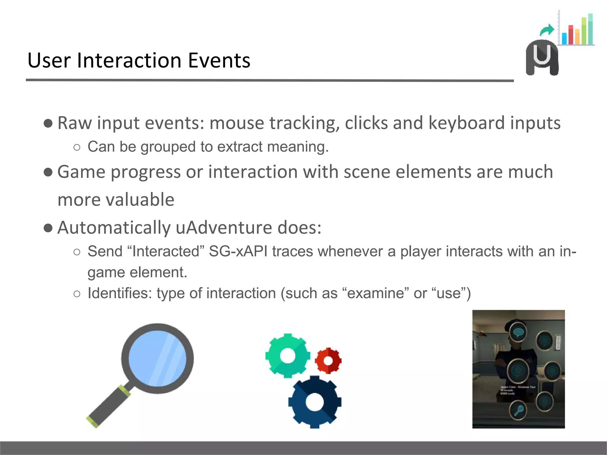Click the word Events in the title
(x=219, y=60)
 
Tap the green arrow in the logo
(x=547, y=30)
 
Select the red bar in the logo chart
(x=571, y=35)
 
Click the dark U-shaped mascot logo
(x=542, y=58)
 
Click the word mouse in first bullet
(x=237, y=123)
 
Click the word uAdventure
(x=224, y=227)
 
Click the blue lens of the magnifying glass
(x=157, y=358)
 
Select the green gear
(x=287, y=355)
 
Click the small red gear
(x=328, y=361)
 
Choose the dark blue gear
(x=315, y=402)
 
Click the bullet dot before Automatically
(x=48, y=228)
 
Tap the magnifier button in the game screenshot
(x=518, y=410)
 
